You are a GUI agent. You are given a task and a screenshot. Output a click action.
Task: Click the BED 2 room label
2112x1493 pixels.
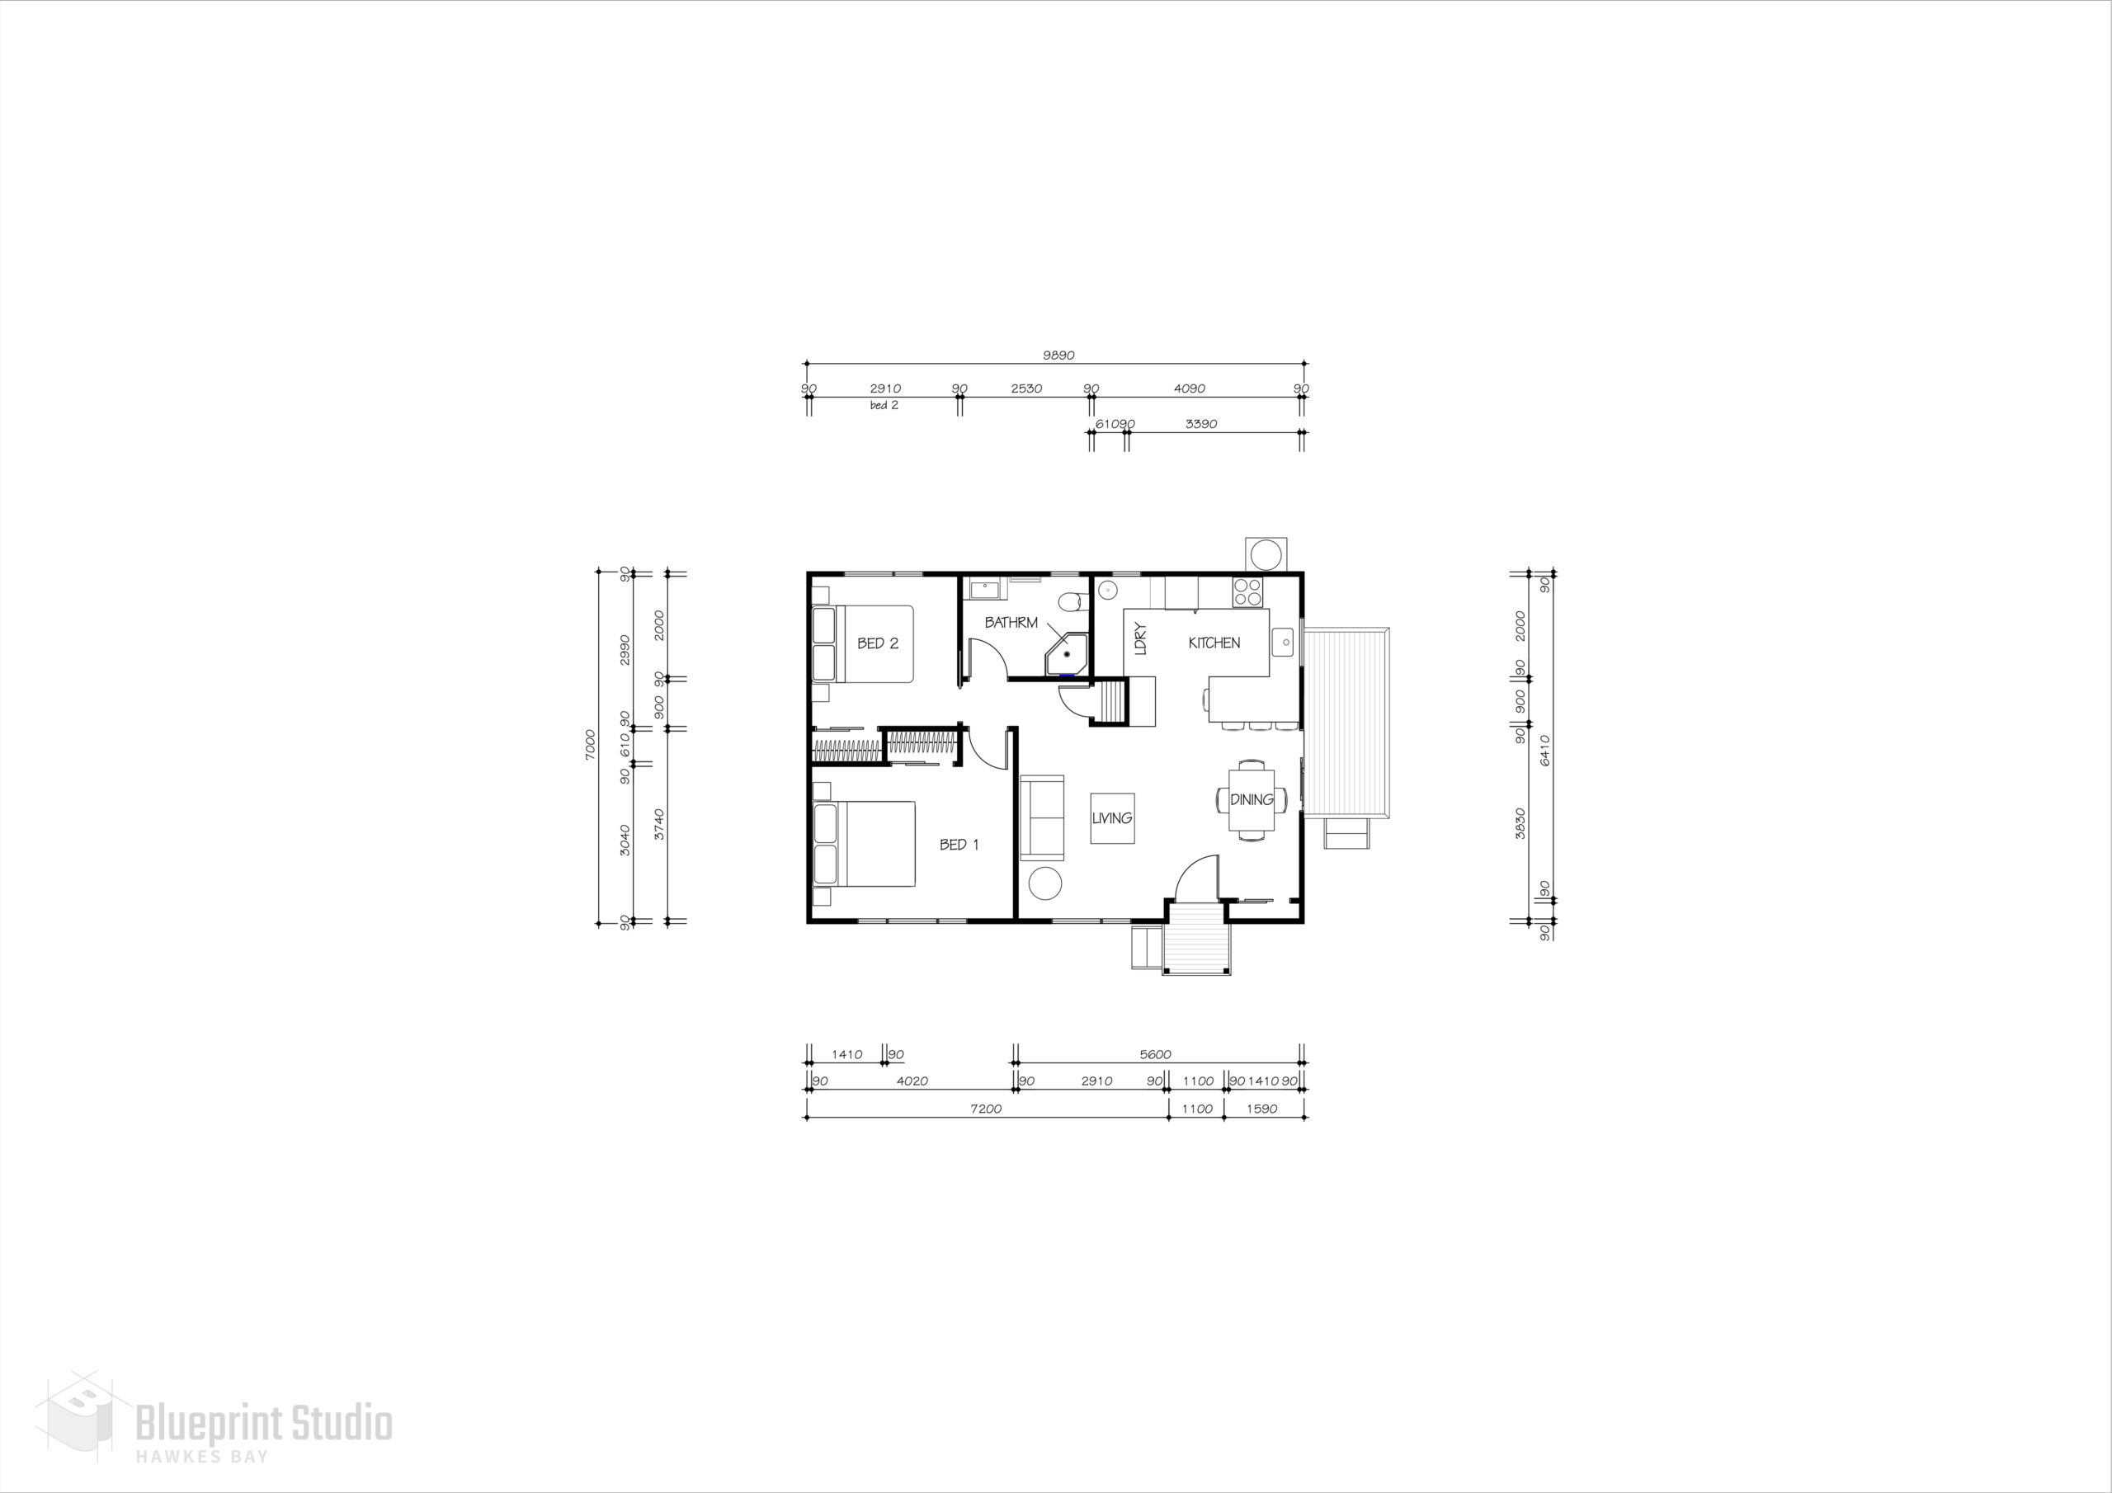point(878,643)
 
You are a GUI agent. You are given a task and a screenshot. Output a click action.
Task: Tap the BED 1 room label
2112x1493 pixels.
point(959,845)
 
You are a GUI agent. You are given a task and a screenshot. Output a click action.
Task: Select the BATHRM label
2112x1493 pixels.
point(1011,623)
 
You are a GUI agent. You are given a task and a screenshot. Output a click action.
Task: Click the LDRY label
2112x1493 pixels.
point(1142,638)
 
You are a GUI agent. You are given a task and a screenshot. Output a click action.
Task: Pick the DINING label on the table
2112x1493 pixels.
point(1252,799)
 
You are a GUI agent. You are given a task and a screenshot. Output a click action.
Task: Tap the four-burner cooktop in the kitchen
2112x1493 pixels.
point(1248,591)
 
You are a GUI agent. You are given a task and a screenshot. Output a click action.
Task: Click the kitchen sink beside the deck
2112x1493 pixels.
point(1283,640)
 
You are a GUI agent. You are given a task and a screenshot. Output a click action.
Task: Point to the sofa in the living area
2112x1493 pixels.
point(1042,817)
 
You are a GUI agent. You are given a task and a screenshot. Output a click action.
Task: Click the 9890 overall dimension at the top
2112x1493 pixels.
point(1058,355)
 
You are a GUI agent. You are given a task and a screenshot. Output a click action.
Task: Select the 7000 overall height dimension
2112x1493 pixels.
point(591,744)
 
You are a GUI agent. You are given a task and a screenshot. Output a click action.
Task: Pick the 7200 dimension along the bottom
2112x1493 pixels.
point(985,1109)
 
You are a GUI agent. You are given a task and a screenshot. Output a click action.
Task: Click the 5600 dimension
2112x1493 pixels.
point(1155,1055)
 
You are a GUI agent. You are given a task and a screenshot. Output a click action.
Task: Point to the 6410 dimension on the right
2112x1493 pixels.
point(1545,750)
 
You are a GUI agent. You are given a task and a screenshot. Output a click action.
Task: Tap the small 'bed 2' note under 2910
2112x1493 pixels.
point(884,406)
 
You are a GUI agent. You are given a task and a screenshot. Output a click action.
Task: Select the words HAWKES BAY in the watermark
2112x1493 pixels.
point(202,1456)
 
